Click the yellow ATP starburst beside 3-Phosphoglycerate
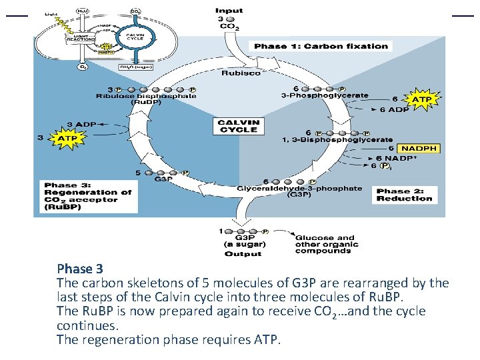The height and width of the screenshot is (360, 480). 423,99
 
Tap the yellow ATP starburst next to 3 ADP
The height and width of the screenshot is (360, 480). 67,138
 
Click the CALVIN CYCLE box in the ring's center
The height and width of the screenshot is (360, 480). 238,125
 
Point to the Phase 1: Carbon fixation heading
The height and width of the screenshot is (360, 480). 321,46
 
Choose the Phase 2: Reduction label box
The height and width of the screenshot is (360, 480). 405,195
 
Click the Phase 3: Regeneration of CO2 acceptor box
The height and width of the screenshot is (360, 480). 87,196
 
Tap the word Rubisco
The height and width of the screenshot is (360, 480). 241,73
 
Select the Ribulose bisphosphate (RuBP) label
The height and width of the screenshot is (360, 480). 147,99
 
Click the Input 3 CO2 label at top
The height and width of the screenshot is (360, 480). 229,19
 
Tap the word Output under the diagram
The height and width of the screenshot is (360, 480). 243,253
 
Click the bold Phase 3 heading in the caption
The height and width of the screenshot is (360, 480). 80,269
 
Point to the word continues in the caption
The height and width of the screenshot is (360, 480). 88,325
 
